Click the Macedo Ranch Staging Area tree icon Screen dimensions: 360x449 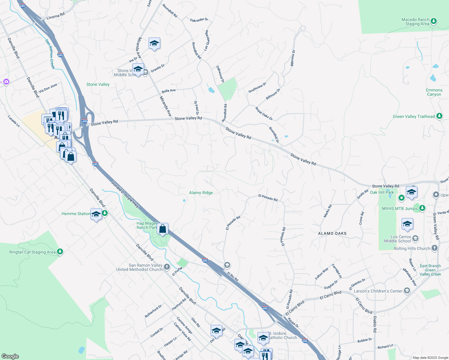click(x=433, y=21)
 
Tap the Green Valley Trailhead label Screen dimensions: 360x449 click(x=414, y=116)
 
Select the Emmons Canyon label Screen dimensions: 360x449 click(x=434, y=92)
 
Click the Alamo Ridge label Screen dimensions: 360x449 click(x=201, y=193)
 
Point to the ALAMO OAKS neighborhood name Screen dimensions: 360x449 click(x=332, y=233)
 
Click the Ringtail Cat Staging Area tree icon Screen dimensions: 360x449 click(x=60, y=251)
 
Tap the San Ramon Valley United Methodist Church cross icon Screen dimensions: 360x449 click(x=167, y=267)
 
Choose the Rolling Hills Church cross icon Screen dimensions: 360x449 click(x=435, y=248)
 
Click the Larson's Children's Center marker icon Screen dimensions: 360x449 click(x=407, y=291)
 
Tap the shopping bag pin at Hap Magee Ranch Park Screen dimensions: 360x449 click(x=162, y=229)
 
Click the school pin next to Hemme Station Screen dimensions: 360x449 click(x=96, y=214)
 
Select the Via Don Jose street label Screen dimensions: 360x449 click(x=48, y=88)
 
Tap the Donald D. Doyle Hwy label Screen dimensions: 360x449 click(x=125, y=194)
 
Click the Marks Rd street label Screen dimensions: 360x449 click(x=328, y=211)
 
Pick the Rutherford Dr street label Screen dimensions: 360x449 click(x=153, y=311)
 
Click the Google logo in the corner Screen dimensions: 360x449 click(x=10, y=356)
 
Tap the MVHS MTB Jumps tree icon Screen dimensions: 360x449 click(x=422, y=208)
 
